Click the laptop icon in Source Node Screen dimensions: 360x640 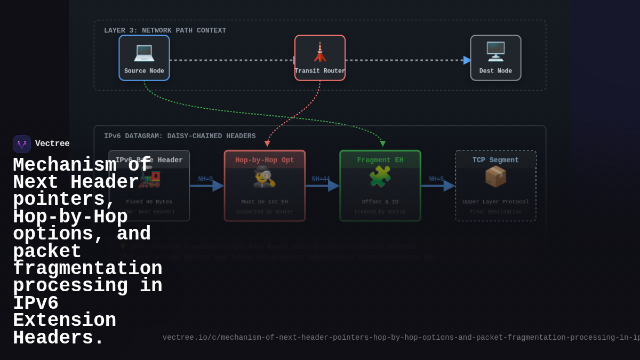(x=144, y=52)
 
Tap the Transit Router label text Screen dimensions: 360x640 (x=320, y=71)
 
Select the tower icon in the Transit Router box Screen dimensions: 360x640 (x=319, y=52)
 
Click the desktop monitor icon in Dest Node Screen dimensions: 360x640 (x=495, y=52)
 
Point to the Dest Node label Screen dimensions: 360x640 (x=495, y=71)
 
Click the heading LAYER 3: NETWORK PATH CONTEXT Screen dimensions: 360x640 (x=165, y=31)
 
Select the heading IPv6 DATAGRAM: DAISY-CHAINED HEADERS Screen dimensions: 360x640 (x=180, y=137)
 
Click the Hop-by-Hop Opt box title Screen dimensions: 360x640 (x=265, y=160)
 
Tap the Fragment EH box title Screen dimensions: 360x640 (x=380, y=160)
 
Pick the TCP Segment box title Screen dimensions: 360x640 (x=495, y=160)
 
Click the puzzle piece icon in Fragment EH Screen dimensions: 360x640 (x=380, y=177)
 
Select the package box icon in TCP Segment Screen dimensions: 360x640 (x=495, y=177)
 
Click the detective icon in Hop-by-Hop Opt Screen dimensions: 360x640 (x=265, y=177)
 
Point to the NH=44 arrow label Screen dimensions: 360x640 (x=321, y=179)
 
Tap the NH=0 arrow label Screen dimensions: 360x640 (x=205, y=179)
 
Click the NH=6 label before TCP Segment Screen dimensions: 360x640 (x=436, y=179)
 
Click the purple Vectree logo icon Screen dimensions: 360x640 (x=22, y=144)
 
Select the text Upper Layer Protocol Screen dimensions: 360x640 (x=495, y=202)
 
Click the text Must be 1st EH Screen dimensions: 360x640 (x=265, y=202)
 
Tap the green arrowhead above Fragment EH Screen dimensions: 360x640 (x=383, y=143)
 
